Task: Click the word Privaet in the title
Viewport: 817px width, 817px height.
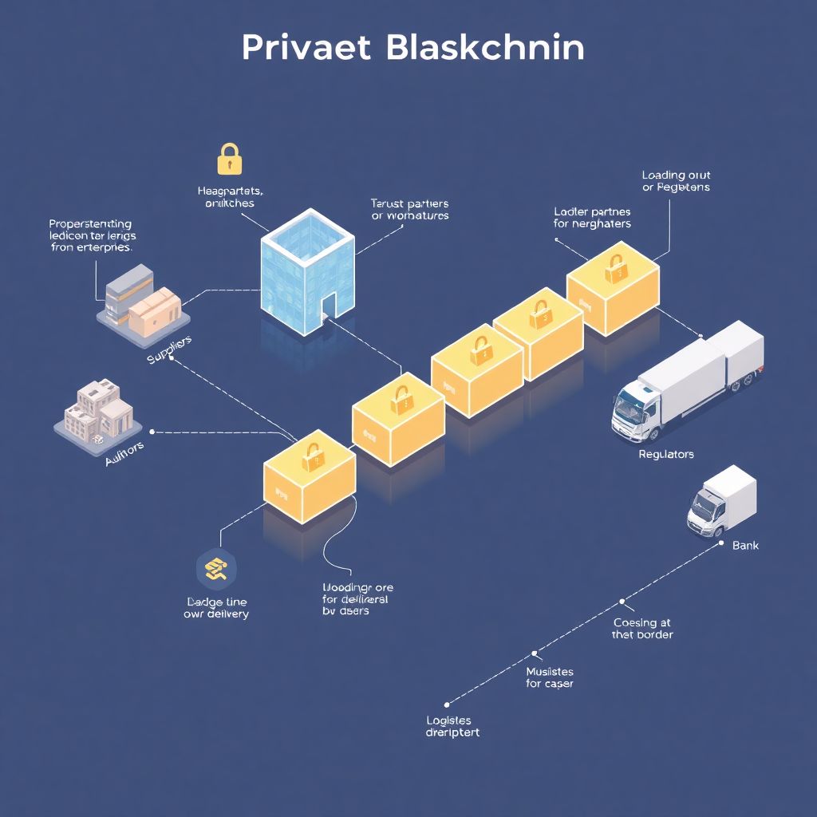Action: pos(306,48)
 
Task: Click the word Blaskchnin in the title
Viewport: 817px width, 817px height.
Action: pos(484,48)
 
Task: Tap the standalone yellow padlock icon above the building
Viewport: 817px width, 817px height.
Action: pos(229,159)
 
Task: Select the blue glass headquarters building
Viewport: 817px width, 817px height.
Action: pos(307,271)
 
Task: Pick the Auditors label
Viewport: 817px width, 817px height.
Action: pos(124,455)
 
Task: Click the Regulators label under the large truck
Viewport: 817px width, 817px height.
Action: pos(666,454)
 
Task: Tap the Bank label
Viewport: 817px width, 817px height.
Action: pos(745,546)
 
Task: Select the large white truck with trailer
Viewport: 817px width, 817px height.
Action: pos(688,381)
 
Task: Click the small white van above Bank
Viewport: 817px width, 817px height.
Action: pos(721,502)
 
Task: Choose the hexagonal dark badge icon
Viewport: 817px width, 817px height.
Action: pos(215,568)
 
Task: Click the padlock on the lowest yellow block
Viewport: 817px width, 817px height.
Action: pos(311,456)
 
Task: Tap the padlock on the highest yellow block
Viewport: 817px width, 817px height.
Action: pos(615,269)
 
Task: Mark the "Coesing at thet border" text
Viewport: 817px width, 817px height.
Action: pos(642,628)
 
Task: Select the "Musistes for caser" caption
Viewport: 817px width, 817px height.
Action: pos(550,677)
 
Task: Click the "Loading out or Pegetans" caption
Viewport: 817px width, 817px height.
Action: pos(676,181)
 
